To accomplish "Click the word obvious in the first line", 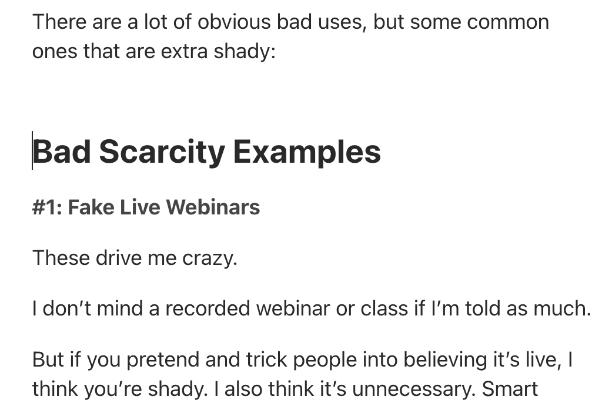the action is coord(234,22).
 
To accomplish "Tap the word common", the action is coord(508,22).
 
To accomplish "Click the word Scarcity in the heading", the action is coord(162,152).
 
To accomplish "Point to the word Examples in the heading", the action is coord(307,152).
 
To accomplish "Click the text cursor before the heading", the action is coord(32,150).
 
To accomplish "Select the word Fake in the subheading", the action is coord(91,207).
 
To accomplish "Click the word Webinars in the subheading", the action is coord(213,207).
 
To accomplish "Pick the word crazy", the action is coord(210,258).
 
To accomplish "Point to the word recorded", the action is coord(208,308).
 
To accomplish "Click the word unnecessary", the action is coord(412,389).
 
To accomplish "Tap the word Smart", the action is coord(510,388).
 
